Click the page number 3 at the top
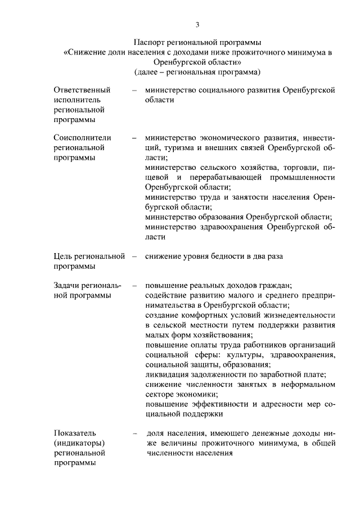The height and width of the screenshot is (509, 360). click(x=197, y=24)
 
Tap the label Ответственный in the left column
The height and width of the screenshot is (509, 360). click(x=82, y=90)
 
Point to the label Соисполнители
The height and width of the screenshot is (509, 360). click(x=82, y=138)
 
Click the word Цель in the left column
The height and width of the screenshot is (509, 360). click(x=63, y=256)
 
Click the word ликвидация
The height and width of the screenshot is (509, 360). click(x=168, y=375)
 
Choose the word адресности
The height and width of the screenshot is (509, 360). click(x=276, y=404)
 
